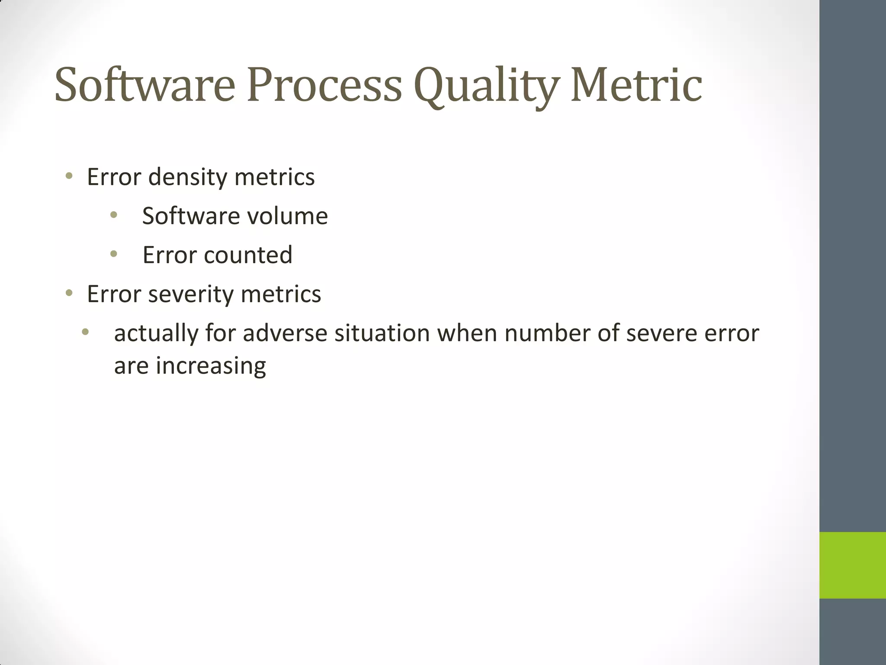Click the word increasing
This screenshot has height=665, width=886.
tap(211, 366)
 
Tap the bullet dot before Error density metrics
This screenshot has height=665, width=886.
tap(69, 176)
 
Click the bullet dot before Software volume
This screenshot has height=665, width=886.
tap(114, 215)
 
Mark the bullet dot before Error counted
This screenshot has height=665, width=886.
tap(114, 254)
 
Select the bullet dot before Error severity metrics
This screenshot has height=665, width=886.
tap(69, 293)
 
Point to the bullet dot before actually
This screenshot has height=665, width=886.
tap(85, 332)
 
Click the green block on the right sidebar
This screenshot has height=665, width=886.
tap(852, 565)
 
